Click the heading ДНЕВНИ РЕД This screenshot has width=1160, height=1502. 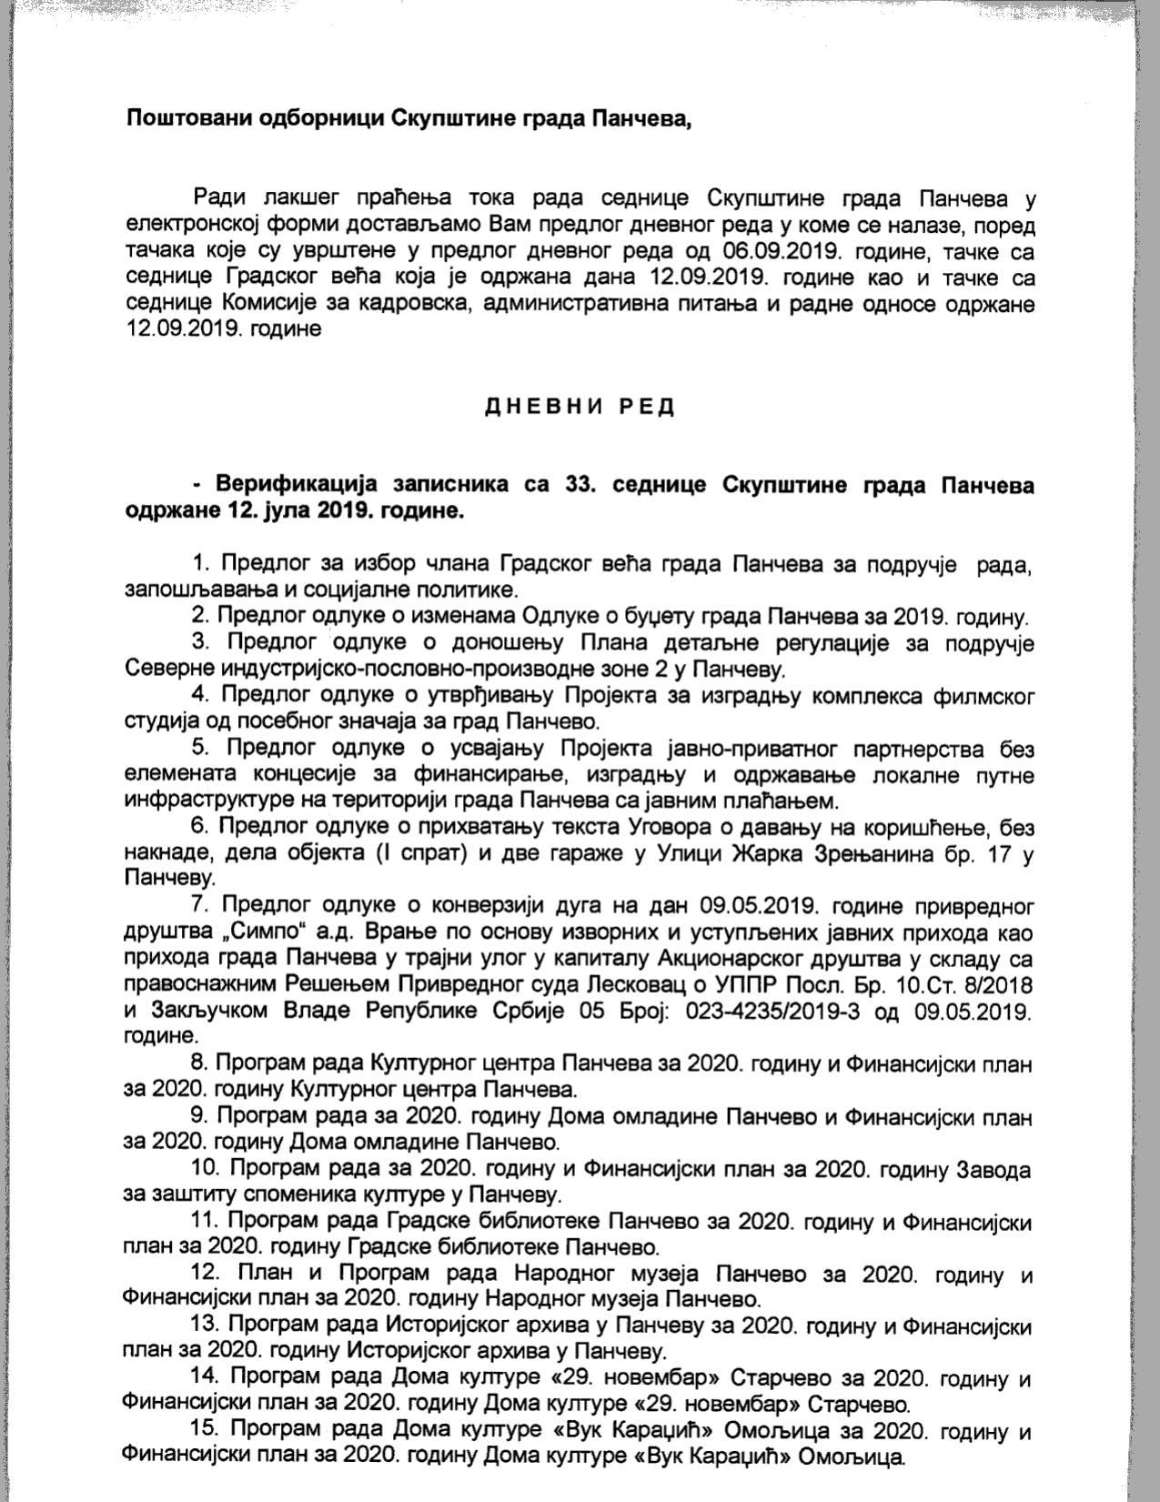tap(579, 406)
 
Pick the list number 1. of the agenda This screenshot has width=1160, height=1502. tap(202, 565)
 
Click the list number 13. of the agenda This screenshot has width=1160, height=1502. tap(206, 1326)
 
